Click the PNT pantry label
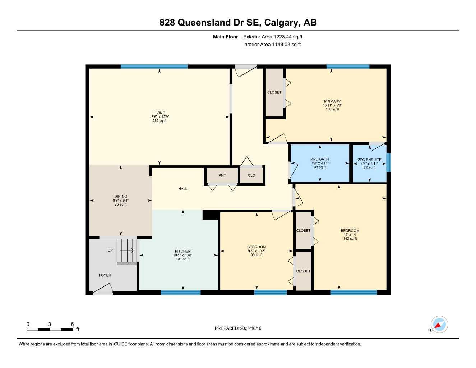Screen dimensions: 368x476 click(x=222, y=175)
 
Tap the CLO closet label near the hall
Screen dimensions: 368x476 click(x=251, y=175)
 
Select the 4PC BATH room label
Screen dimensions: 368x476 click(x=320, y=159)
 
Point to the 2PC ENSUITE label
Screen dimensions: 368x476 click(x=369, y=160)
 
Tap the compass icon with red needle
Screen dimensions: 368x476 click(x=439, y=325)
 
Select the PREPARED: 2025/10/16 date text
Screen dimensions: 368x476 click(x=238, y=328)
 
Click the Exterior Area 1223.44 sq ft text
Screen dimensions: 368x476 click(x=273, y=37)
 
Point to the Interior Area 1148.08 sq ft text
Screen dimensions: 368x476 click(x=272, y=45)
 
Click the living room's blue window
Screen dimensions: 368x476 click(x=154, y=66)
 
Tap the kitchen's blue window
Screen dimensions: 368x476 click(x=180, y=293)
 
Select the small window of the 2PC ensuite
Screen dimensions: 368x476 click(x=388, y=162)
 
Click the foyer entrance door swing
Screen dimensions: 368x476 click(x=103, y=289)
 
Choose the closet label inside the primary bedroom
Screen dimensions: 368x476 click(x=274, y=92)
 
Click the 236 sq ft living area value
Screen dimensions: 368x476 click(x=159, y=121)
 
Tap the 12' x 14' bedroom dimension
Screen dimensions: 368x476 click(x=350, y=235)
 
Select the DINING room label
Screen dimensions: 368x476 click(x=120, y=197)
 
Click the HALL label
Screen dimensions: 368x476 click(x=182, y=189)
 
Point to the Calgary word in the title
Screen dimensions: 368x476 click(x=282, y=22)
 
